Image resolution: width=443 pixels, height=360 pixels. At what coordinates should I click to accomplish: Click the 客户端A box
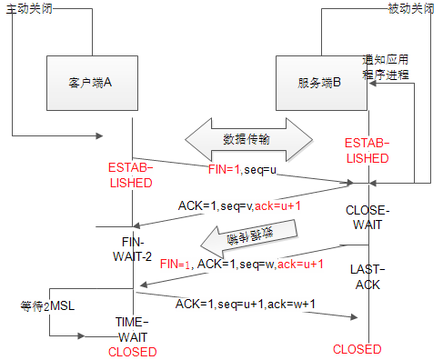[x=90, y=82]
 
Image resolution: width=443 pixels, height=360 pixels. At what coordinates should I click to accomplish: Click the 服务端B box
[x=319, y=82]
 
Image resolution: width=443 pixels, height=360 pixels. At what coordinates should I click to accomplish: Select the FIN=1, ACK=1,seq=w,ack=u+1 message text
[x=242, y=264]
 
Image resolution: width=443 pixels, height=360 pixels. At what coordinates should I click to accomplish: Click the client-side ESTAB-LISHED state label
[x=132, y=175]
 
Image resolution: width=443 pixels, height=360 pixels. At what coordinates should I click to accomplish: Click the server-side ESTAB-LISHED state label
[x=367, y=150]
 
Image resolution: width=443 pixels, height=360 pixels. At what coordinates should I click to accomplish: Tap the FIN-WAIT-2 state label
[x=133, y=249]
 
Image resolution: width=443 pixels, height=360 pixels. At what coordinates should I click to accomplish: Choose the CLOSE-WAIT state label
[x=367, y=217]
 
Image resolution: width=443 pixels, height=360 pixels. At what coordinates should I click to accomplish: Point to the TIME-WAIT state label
[x=133, y=328]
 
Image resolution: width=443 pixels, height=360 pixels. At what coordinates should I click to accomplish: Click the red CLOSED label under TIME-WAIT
[x=132, y=351]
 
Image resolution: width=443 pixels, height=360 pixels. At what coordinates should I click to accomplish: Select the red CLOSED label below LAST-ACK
[x=357, y=349]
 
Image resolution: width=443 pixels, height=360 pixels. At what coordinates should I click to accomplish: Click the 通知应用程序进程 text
[x=386, y=65]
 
